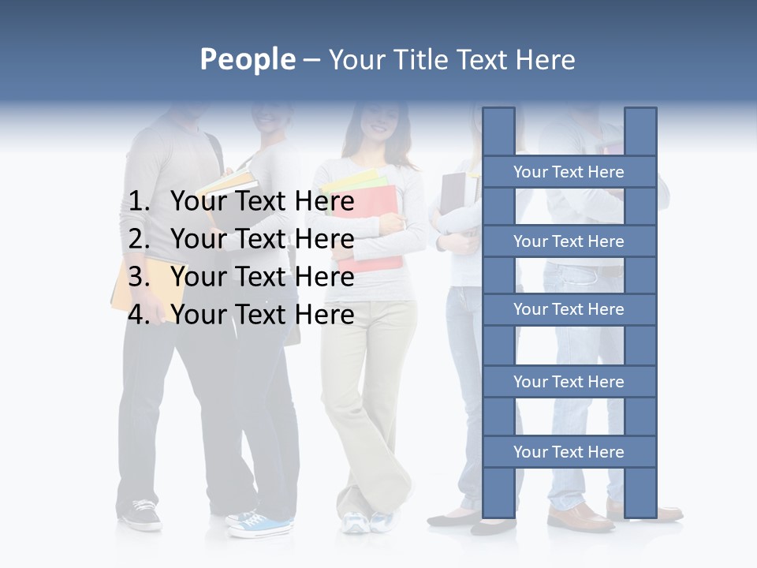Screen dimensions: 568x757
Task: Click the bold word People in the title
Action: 247,59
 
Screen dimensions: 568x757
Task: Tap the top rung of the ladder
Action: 569,172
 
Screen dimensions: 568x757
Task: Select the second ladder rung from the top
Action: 569,241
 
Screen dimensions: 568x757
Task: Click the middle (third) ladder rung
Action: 569,309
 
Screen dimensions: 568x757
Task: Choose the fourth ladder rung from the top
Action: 569,382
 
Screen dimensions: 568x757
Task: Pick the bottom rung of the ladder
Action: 569,452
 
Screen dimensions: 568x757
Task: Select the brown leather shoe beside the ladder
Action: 582,518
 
